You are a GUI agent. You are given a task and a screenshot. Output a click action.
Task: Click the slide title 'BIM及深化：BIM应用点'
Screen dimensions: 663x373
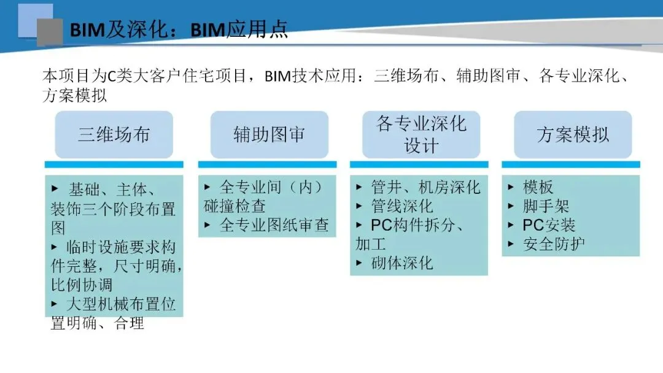[178, 30]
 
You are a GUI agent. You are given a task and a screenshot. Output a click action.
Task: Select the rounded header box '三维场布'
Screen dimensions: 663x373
[114, 135]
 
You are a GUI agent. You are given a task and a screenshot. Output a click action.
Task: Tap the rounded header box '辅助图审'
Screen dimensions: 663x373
[269, 135]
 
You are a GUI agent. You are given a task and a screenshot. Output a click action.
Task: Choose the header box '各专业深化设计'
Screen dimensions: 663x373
[421, 135]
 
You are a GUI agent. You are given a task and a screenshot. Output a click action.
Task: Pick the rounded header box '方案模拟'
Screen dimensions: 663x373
[573, 135]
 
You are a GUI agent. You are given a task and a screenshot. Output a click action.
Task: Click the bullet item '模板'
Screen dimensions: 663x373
[538, 187]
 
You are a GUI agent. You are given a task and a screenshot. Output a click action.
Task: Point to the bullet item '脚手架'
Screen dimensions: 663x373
[546, 206]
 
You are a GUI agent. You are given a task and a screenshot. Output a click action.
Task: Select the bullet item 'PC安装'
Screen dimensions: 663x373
[549, 225]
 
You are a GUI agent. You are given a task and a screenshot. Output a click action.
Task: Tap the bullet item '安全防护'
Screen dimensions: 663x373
[554, 244]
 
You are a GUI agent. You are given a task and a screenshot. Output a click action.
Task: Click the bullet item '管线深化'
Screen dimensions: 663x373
[402, 206]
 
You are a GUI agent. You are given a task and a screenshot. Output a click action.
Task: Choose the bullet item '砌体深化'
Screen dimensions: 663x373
[402, 263]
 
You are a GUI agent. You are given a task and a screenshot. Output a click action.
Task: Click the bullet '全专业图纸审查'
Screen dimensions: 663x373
[274, 225]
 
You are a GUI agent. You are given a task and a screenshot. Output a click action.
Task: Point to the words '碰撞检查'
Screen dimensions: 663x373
[235, 206]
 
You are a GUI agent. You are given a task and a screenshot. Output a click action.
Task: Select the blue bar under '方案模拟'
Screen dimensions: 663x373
[571, 164]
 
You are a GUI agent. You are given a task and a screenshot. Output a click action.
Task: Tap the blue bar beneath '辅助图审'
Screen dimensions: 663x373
[267, 164]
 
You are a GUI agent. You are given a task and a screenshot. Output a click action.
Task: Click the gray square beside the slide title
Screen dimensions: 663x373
[50, 32]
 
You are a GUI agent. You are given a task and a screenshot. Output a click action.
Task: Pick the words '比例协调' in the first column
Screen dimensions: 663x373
[82, 285]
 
